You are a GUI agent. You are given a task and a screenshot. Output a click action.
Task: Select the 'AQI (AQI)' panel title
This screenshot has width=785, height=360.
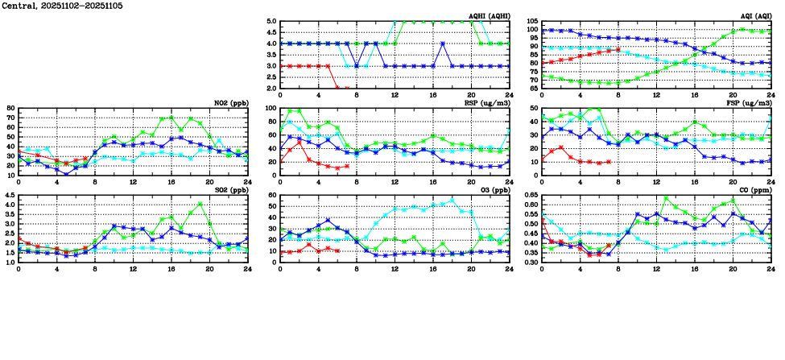point(757,16)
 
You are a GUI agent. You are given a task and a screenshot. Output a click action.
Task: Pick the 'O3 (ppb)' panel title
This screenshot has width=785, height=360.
point(494,190)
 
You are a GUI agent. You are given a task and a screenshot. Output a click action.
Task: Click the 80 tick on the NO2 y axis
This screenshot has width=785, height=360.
point(10,108)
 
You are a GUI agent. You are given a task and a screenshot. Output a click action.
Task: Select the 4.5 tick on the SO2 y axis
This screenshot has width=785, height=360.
point(9,195)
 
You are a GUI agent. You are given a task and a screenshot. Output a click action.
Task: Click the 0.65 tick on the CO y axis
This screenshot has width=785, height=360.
point(530,195)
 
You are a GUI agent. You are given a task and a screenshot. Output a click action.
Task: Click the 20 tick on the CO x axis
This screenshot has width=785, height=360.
point(733,269)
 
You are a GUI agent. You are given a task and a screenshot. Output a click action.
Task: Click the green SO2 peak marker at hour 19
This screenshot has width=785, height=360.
point(200,204)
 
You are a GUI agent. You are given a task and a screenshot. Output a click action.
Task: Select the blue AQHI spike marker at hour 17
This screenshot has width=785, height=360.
point(442,43)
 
